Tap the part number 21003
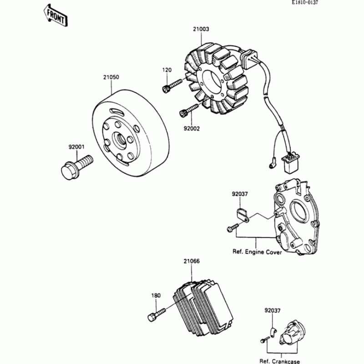[x=200, y=29]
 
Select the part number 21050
[x=111, y=77]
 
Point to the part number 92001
[x=76, y=147]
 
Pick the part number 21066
[x=192, y=262]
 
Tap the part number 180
[x=156, y=295]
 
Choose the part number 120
[x=167, y=70]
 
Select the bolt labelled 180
[x=158, y=313]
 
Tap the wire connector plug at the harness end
[x=289, y=163]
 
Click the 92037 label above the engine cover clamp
[x=239, y=194]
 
